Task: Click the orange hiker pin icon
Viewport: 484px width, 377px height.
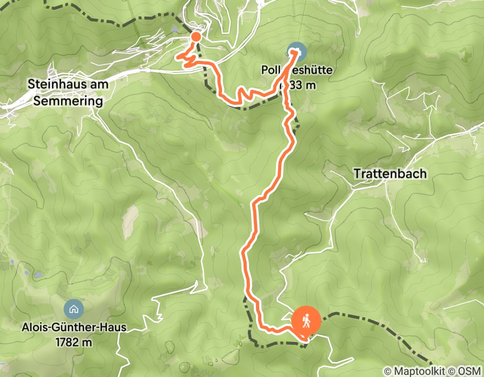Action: [306, 322]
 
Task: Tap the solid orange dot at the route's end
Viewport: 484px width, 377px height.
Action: [196, 37]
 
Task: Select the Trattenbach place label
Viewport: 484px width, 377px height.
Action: [391, 174]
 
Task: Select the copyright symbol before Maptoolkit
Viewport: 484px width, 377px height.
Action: [388, 372]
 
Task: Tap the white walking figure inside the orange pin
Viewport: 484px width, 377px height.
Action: [306, 321]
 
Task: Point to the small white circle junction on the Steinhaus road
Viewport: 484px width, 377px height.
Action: [147, 70]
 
